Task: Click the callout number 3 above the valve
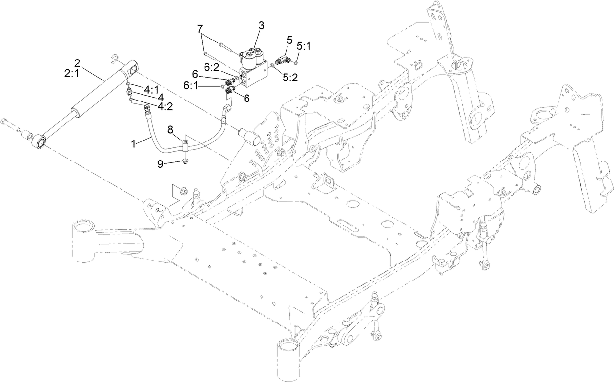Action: [x=262, y=26]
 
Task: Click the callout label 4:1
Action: [x=151, y=89]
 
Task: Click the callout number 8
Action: [x=170, y=130]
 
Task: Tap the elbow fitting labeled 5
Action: [x=282, y=61]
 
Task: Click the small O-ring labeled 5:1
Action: [x=297, y=62]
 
